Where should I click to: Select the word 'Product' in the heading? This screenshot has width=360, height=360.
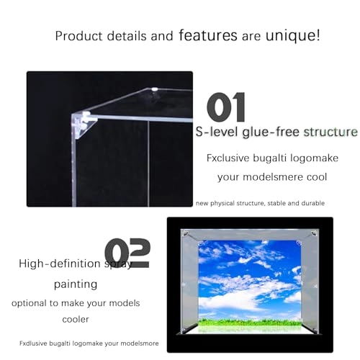78,35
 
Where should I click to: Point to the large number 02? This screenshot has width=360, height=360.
127,253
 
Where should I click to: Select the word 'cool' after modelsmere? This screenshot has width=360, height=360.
315,177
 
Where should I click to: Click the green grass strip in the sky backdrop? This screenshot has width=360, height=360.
249,323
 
